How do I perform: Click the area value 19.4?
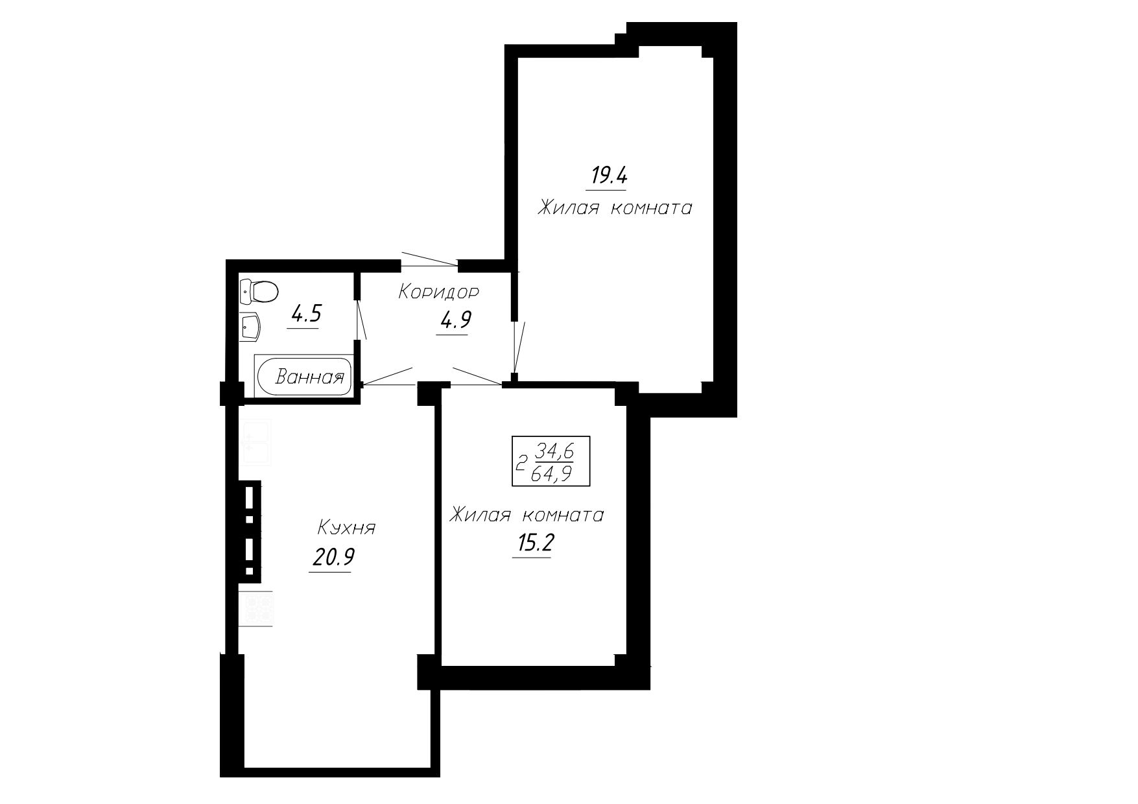(606, 176)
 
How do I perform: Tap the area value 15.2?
(532, 544)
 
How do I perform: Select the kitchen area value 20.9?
(332, 557)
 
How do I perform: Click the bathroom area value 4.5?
(306, 314)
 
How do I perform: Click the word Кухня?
(347, 528)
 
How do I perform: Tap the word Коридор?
(439, 292)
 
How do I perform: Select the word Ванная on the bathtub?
(309, 377)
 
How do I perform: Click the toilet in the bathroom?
(258, 292)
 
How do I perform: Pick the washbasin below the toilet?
(250, 327)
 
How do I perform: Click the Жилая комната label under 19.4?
(615, 209)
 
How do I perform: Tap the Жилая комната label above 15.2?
(527, 515)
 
